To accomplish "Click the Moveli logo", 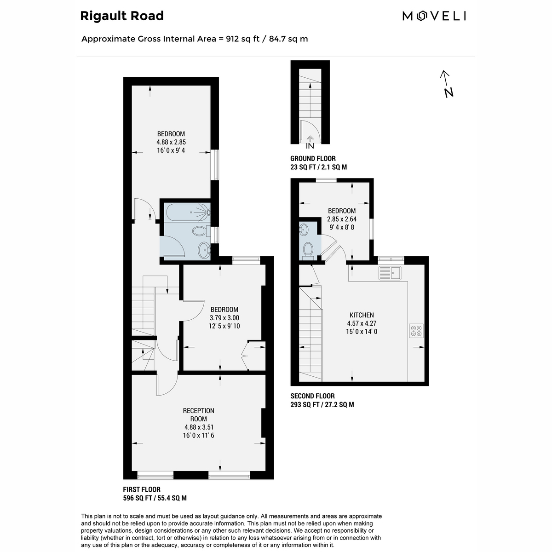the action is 434,16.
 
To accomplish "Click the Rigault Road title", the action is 122,16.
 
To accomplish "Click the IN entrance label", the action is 310,146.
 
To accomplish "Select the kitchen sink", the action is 390,273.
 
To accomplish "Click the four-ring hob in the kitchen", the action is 416,331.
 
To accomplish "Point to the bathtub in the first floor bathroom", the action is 189,212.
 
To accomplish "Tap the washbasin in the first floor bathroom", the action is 204,249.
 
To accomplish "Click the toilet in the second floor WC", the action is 308,251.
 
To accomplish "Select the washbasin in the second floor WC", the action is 303,229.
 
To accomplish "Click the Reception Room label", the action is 199,414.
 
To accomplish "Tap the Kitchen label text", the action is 362,315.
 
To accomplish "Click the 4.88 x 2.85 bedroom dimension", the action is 171,142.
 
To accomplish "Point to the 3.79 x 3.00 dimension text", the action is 224,318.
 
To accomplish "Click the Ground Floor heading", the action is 313,158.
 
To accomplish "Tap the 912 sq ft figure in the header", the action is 242,39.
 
